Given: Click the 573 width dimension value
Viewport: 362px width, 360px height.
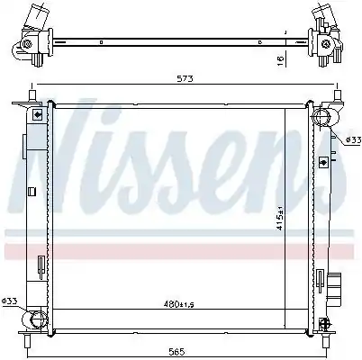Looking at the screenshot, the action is pos(185,79).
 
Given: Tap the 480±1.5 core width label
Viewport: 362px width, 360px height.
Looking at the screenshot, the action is pos(179,304).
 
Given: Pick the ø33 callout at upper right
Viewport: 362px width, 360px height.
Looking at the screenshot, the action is pos(353,140).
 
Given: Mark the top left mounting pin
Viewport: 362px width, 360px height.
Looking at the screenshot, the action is pos(32,95).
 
